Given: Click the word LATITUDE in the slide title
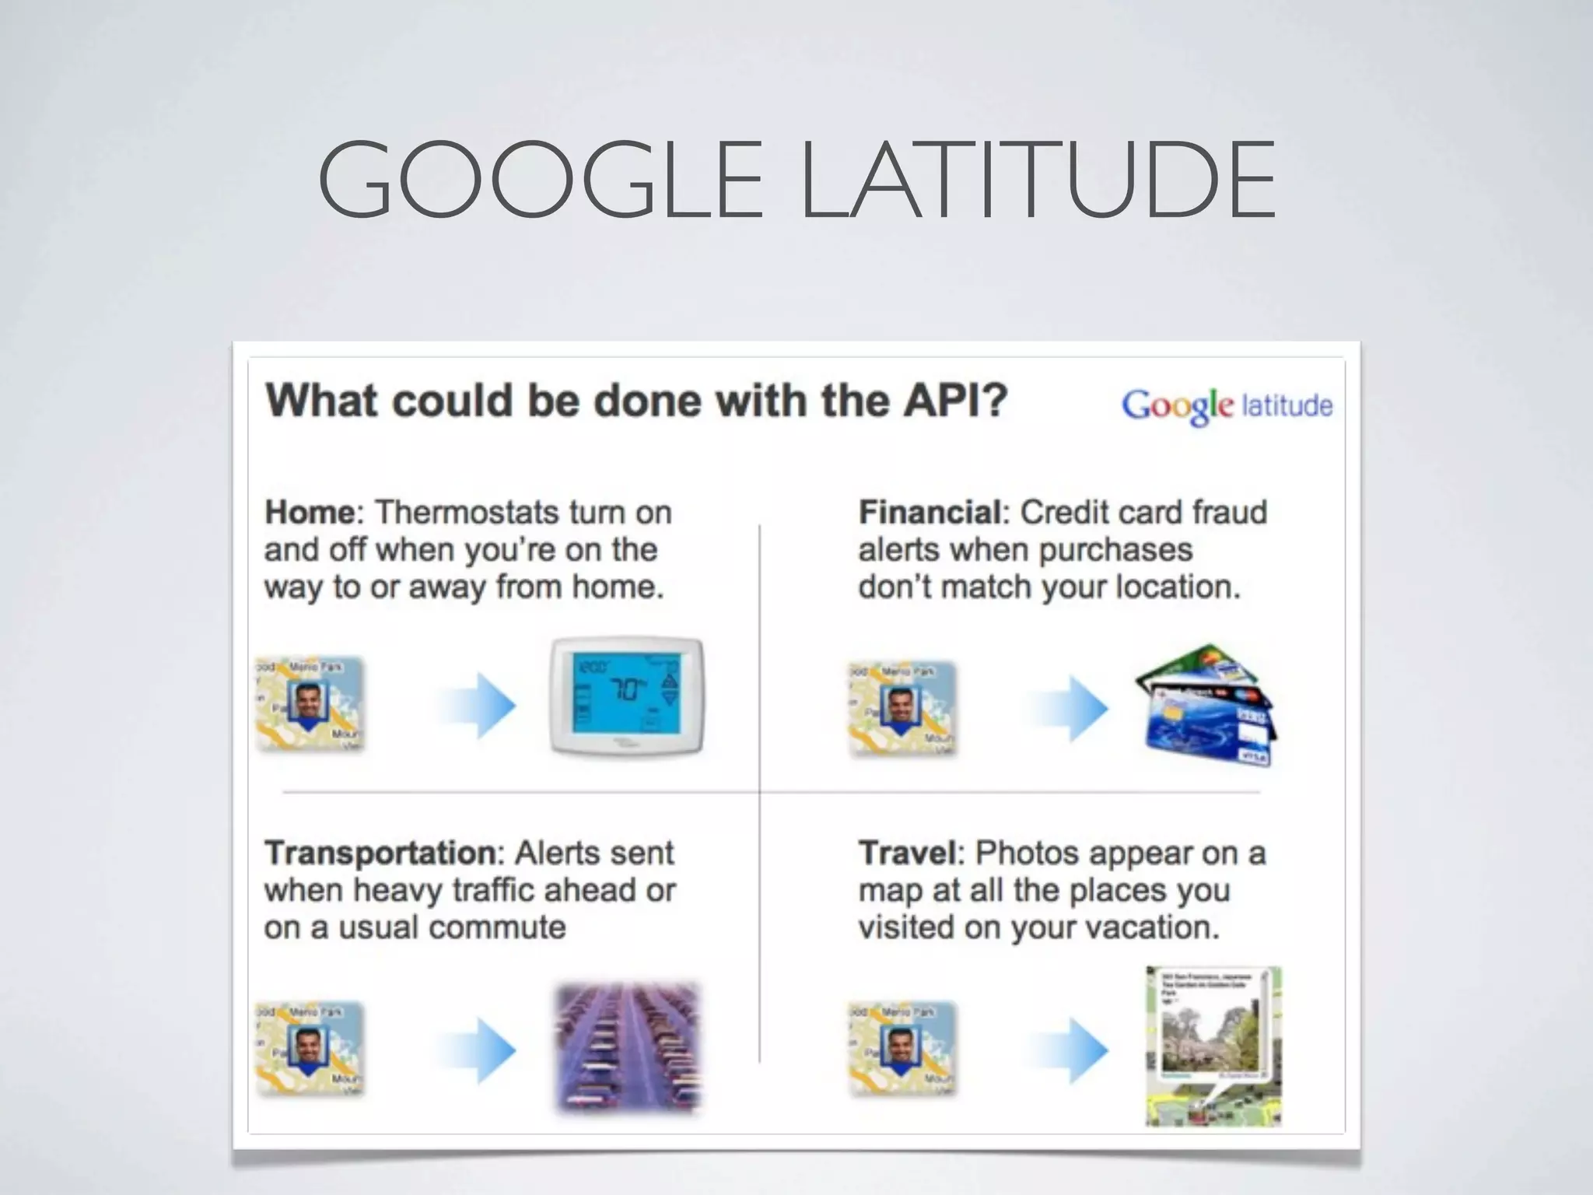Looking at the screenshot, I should (x=1038, y=180).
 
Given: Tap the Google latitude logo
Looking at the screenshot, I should (x=1226, y=405).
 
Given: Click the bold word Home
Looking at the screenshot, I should (x=310, y=513).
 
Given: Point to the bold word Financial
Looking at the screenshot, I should (x=930, y=513).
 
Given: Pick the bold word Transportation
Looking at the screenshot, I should (x=380, y=853).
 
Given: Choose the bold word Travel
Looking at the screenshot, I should (x=907, y=853).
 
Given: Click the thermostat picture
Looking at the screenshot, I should (x=627, y=696).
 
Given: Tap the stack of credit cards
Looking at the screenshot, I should (x=1206, y=705).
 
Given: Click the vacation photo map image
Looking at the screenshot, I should (x=1213, y=1046).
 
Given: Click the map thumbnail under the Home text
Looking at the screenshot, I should (x=310, y=704).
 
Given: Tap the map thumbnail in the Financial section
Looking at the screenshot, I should (x=902, y=708).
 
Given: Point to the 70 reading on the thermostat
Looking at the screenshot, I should (x=627, y=689).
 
